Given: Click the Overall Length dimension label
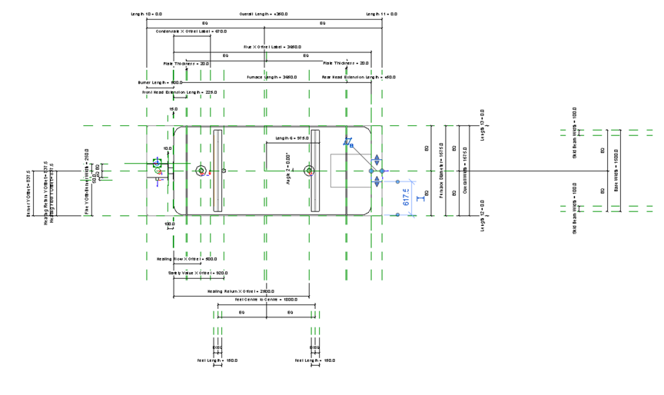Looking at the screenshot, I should click(264, 14).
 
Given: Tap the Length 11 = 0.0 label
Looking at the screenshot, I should click(381, 14).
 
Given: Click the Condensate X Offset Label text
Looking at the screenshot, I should click(191, 32).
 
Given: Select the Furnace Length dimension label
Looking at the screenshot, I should click(272, 77).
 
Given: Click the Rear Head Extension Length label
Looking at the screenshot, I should click(358, 77).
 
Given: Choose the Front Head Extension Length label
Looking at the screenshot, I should click(180, 91).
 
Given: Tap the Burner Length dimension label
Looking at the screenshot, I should click(160, 81).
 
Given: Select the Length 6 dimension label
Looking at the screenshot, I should click(292, 138).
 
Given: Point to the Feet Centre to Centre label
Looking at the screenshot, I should click(266, 299).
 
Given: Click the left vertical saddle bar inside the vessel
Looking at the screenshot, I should click(217, 171).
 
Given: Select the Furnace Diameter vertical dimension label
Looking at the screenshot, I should click(442, 171).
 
